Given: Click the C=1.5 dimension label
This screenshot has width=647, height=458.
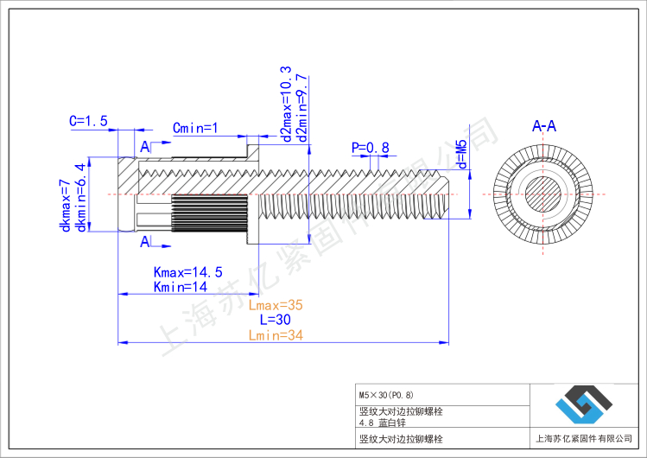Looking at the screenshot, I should pyautogui.click(x=88, y=122).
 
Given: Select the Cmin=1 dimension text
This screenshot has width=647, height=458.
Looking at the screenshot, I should pyautogui.click(x=195, y=129).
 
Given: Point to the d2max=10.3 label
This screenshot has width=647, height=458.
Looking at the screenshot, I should pyautogui.click(x=286, y=103).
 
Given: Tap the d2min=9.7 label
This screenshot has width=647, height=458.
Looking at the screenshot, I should pyautogui.click(x=301, y=107).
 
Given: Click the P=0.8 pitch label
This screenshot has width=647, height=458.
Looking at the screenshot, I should pyautogui.click(x=370, y=148).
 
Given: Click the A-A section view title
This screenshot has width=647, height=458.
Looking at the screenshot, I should pyautogui.click(x=544, y=127).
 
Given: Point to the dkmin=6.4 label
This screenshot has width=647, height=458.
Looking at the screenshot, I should pyautogui.click(x=81, y=197).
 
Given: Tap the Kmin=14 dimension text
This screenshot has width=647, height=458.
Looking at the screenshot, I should pyautogui.click(x=180, y=287).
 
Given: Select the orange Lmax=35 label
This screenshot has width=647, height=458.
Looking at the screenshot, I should pyautogui.click(x=276, y=305).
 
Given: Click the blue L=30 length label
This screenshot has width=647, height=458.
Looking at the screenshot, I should pyautogui.click(x=275, y=320).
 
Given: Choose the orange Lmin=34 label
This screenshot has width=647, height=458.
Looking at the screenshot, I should pyautogui.click(x=276, y=335).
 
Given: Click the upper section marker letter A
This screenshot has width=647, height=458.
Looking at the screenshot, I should pyautogui.click(x=144, y=148).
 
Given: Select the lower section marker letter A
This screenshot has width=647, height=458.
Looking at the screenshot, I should pyautogui.click(x=144, y=243).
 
